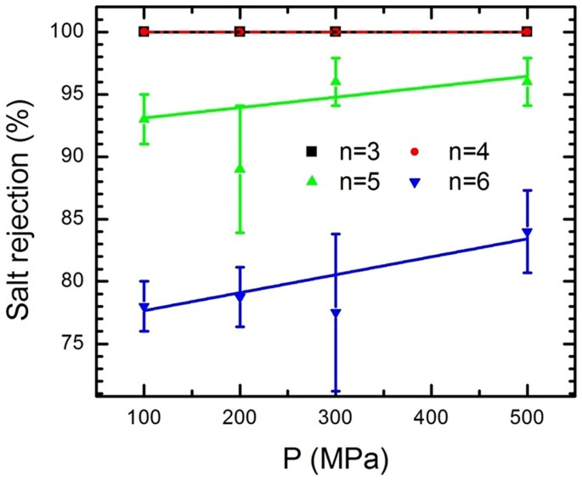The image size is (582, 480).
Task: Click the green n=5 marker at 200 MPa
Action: (x=240, y=168)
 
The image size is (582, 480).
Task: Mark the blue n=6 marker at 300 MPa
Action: (x=336, y=313)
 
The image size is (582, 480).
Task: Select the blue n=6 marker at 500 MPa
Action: (x=527, y=233)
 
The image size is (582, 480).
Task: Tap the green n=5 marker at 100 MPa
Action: (x=144, y=117)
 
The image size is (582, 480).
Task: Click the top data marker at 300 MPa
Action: (x=336, y=32)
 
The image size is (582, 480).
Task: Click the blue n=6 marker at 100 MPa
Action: (x=144, y=308)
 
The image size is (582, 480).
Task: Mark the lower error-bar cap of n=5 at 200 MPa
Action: (x=240, y=232)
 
